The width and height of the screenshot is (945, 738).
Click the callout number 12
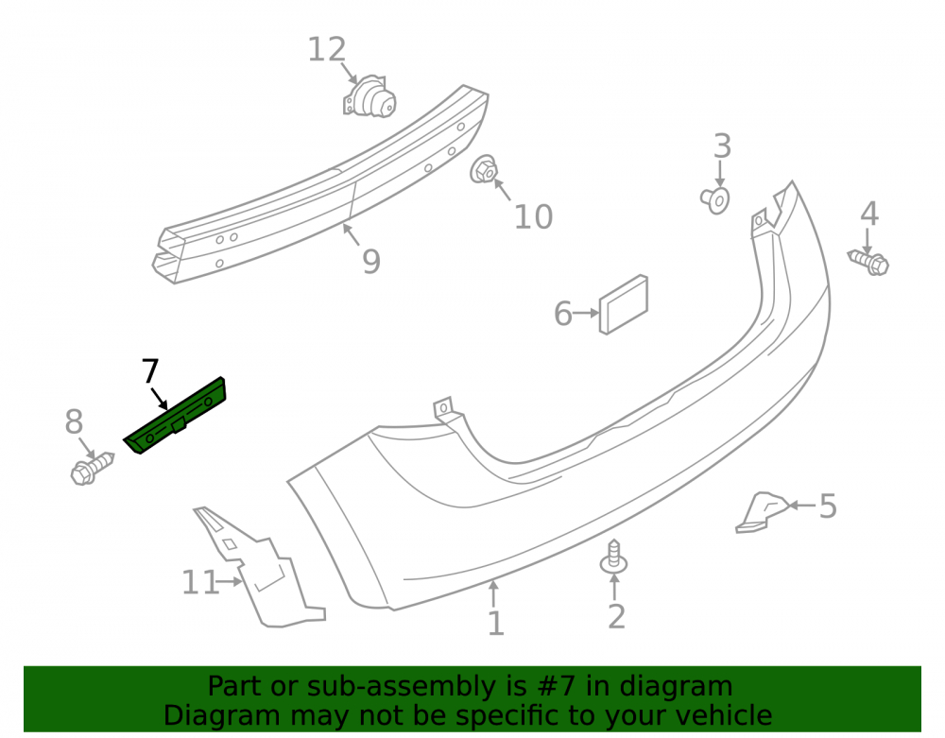(327, 49)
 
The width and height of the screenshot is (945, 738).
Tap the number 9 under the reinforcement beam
(371, 261)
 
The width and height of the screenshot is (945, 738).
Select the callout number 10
(533, 217)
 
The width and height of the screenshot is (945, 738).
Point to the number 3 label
(722, 146)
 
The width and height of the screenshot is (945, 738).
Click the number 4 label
(869, 214)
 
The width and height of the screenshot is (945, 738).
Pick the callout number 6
(563, 314)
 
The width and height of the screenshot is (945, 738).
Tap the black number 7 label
(150, 370)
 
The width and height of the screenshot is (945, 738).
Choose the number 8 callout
(74, 421)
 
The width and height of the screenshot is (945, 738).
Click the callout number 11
(200, 583)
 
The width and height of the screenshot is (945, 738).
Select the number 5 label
(828, 506)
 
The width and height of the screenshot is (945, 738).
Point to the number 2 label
(616, 616)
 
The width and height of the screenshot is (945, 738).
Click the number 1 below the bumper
(495, 624)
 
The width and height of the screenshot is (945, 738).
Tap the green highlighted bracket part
(175, 416)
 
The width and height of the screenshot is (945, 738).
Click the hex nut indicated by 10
(483, 170)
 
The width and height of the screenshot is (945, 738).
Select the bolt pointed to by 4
(868, 263)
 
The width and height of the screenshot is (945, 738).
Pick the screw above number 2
(613, 557)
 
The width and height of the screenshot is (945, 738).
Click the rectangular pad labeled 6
(623, 304)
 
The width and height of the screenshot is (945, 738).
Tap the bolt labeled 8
(92, 468)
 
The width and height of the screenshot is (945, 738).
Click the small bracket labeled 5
(762, 513)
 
